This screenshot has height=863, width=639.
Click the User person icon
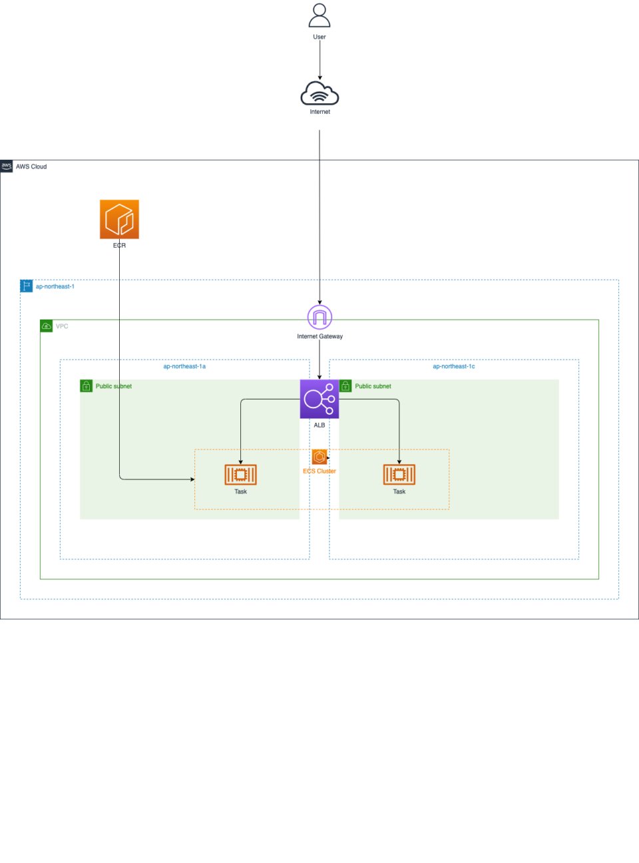(319, 15)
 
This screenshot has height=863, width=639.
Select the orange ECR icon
(119, 219)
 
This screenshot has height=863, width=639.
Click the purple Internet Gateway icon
(319, 317)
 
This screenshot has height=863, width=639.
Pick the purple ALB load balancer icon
(319, 399)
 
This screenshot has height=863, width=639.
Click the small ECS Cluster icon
(319, 457)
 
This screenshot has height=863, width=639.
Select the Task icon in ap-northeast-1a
(240, 474)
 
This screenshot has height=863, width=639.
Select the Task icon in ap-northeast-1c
(399, 474)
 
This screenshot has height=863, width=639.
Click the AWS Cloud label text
(31, 166)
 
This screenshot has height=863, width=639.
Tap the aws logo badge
(7, 166)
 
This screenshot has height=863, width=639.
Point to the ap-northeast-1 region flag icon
(26, 286)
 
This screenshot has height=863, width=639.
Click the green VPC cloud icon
(46, 326)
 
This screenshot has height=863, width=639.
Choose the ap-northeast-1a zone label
(184, 366)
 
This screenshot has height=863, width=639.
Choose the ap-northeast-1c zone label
(453, 366)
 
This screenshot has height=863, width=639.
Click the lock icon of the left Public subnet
(86, 386)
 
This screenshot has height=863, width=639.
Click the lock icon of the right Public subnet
(345, 386)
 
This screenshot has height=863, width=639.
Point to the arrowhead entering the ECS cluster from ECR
(192, 479)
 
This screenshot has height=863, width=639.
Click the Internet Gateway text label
(319, 336)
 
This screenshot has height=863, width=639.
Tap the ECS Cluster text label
(319, 471)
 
